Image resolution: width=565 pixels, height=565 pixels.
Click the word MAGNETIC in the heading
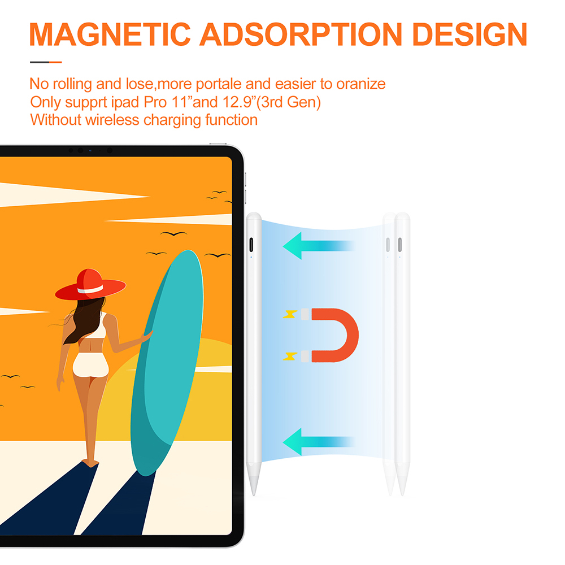(110, 34)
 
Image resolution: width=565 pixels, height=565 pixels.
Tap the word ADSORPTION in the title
(301, 34)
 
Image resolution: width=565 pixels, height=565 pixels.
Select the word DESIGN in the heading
(470, 34)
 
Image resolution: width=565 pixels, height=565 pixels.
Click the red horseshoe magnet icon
(330, 335)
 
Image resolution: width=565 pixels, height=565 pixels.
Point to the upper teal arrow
(319, 246)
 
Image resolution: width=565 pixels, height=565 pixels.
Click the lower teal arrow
(319, 441)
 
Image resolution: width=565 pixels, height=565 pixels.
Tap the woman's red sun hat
(90, 285)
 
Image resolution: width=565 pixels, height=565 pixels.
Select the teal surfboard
(167, 362)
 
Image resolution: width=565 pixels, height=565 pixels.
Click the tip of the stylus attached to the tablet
(254, 494)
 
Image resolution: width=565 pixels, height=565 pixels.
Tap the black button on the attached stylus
(251, 245)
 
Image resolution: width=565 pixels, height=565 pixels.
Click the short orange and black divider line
(46, 62)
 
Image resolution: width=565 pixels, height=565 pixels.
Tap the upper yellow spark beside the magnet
(290, 314)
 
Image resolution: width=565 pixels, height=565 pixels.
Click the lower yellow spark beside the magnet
(290, 356)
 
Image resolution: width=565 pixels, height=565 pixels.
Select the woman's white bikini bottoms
(90, 364)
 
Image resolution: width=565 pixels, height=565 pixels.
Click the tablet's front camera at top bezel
(80, 150)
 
